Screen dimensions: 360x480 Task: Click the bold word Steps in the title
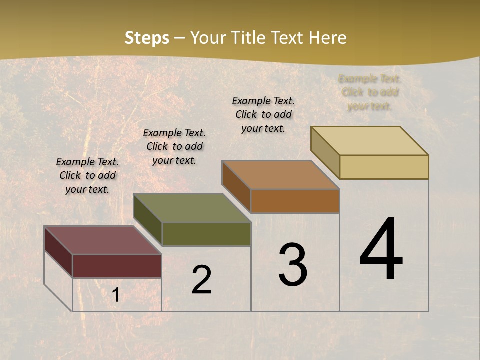[147, 38]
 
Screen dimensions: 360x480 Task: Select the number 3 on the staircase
[293, 265]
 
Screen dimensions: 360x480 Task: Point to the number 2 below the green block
[201, 280]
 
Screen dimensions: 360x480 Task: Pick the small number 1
[115, 295]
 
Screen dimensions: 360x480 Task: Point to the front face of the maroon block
[117, 266]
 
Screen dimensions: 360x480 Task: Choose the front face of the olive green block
[206, 234]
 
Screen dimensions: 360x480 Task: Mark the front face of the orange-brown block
[295, 201]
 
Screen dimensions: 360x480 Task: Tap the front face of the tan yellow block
[384, 167]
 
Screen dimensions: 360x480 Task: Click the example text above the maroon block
[87, 175]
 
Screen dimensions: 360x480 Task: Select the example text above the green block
[174, 146]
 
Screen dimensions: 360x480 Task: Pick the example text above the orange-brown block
[263, 114]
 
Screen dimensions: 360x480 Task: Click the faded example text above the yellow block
[370, 92]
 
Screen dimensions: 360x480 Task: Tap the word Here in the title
[327, 38]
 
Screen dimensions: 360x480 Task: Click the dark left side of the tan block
[325, 153]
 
